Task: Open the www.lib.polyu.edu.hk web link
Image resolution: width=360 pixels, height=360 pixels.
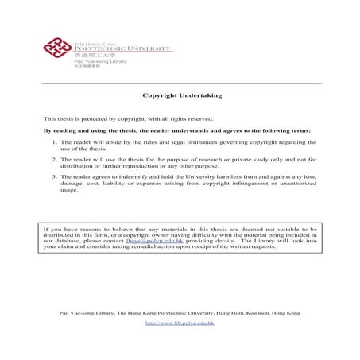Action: [180, 324]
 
